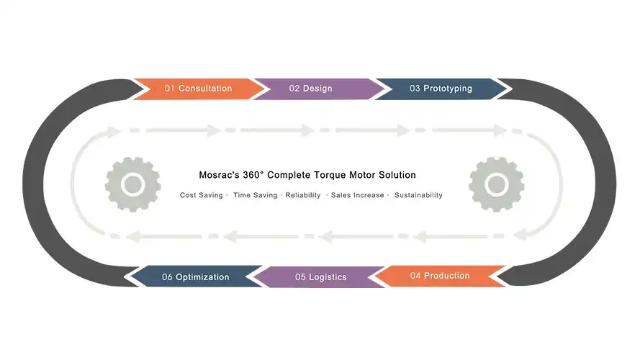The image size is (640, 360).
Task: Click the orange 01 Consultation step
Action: click(x=199, y=89)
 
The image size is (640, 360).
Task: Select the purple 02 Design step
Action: click(x=311, y=89)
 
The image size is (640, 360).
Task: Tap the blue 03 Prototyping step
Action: click(x=441, y=89)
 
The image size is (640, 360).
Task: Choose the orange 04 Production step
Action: click(x=439, y=276)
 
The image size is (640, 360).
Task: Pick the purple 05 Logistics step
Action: click(x=321, y=276)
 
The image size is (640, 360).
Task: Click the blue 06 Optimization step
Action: click(x=195, y=276)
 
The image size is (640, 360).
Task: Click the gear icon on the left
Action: click(x=132, y=184)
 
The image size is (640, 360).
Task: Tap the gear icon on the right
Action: click(x=496, y=184)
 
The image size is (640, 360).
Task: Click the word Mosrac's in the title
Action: click(x=220, y=175)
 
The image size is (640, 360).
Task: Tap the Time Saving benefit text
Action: click(x=255, y=195)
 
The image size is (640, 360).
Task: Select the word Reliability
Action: click(x=303, y=195)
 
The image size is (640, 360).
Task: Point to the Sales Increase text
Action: click(x=357, y=195)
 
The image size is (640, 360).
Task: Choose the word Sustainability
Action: click(x=418, y=195)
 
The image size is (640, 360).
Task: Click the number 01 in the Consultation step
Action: click(x=170, y=89)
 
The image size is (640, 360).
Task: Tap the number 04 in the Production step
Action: click(x=415, y=276)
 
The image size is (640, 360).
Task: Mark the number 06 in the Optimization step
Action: click(x=167, y=276)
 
